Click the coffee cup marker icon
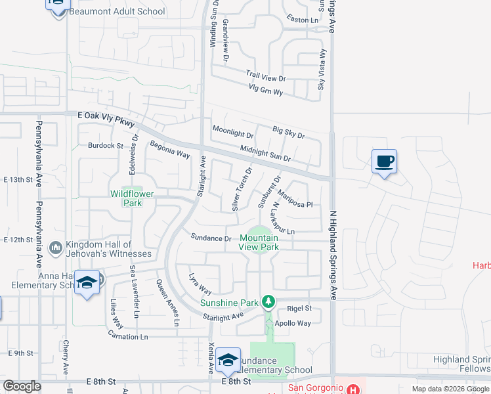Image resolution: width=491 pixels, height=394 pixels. [384, 161]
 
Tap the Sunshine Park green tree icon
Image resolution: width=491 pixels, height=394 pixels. [268, 302]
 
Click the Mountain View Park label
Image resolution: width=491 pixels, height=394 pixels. [259, 243]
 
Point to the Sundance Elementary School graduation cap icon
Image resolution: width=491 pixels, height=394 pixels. [228, 360]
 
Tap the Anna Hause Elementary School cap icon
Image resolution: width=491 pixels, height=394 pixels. [87, 282]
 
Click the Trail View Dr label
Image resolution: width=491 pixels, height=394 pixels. [266, 77]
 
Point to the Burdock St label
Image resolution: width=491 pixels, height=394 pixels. [106, 145]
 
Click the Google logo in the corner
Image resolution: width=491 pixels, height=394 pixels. [22, 386]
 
